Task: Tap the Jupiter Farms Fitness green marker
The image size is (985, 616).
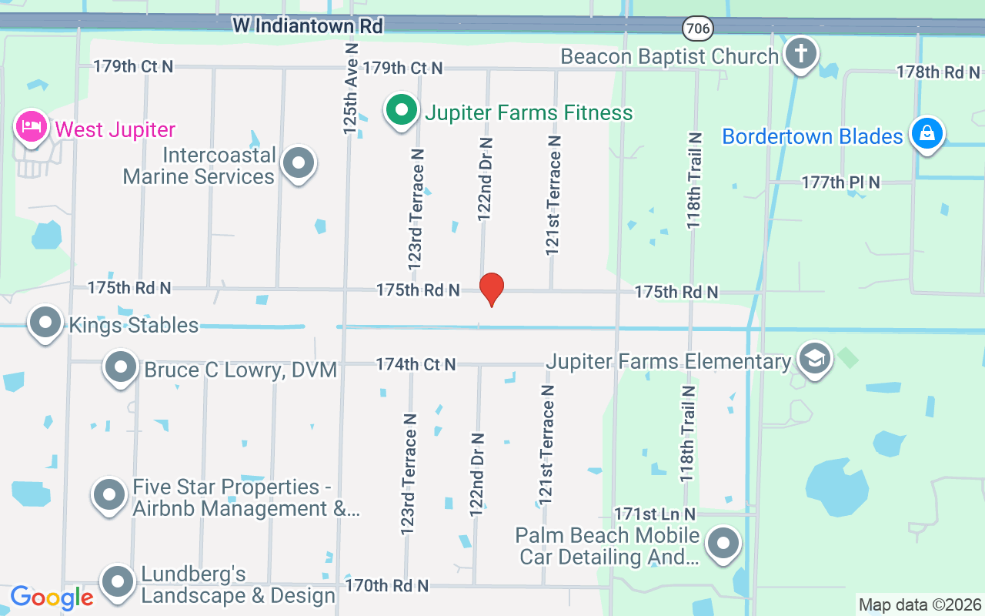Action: [401, 111]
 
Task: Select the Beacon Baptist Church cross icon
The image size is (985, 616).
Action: [801, 55]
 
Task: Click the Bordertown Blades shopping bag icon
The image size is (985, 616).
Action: [927, 134]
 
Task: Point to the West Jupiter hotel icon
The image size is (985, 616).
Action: [31, 127]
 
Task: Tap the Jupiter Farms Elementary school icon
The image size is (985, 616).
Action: [815, 360]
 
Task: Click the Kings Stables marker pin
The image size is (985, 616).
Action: [45, 323]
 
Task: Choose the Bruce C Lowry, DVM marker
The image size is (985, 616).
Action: [121, 368]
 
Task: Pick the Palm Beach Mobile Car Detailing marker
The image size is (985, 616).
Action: [723, 544]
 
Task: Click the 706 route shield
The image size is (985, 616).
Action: [697, 28]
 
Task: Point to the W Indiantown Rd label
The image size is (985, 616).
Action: [308, 26]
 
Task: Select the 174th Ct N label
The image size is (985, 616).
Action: [416, 363]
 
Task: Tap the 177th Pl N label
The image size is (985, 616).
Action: [840, 182]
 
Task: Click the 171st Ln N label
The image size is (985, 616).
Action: [655, 514]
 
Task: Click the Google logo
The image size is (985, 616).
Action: [52, 597]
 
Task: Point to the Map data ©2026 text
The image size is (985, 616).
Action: [920, 604]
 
